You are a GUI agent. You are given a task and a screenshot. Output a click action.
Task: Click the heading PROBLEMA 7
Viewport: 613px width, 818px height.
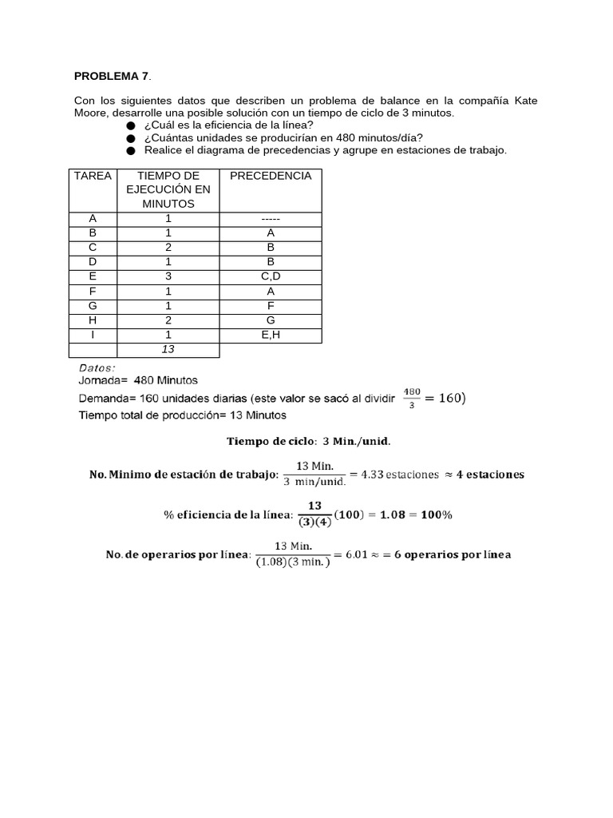[x=111, y=77]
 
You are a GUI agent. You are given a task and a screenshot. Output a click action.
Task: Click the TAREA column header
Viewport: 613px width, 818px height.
[x=93, y=176]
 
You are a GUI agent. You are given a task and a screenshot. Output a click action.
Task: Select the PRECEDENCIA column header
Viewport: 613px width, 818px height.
[x=271, y=176]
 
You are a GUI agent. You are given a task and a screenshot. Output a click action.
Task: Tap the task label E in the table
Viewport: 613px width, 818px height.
[x=93, y=276]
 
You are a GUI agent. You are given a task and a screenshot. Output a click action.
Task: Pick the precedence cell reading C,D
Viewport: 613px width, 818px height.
[x=271, y=276]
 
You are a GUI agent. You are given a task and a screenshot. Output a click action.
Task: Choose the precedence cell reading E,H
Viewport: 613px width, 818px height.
[x=271, y=335]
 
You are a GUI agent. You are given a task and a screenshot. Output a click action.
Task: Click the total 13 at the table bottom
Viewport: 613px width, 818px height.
[x=168, y=349]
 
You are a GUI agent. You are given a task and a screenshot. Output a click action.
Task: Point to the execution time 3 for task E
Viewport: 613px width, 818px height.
[x=168, y=276]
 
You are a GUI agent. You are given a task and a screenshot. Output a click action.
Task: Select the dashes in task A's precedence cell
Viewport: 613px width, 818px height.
[x=271, y=219]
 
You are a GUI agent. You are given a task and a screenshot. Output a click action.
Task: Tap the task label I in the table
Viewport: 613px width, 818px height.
[x=93, y=335]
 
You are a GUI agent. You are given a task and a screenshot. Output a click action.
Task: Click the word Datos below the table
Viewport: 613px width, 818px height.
[x=97, y=367]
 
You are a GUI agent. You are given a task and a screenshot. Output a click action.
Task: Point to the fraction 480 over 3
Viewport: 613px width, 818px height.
[x=411, y=397]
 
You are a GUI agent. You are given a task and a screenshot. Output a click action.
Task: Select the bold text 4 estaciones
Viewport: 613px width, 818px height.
[x=489, y=475]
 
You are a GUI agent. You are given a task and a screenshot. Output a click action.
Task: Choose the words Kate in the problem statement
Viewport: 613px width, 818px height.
[x=524, y=101]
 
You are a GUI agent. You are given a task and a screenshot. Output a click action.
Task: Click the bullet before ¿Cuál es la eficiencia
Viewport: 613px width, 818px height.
[x=131, y=126]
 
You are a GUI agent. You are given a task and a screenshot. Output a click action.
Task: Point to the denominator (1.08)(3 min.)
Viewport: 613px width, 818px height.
[x=292, y=562]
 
